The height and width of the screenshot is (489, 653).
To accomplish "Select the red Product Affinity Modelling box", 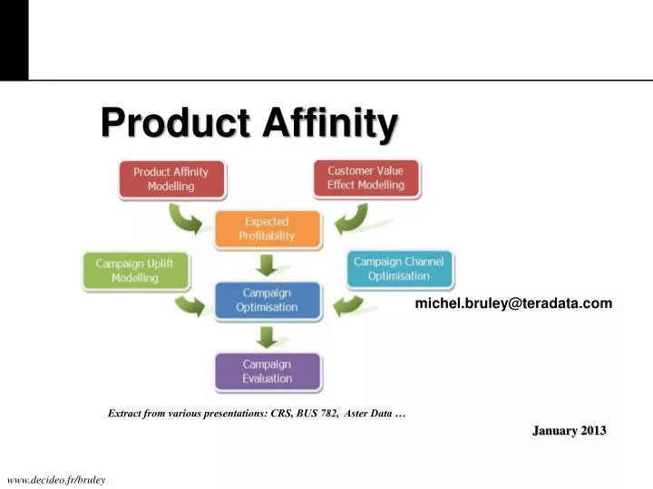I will click(x=171, y=179).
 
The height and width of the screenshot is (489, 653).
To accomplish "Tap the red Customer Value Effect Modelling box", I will click(x=365, y=178).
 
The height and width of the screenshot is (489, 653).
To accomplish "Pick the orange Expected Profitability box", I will click(x=267, y=229).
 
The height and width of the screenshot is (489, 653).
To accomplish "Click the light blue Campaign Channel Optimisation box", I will click(x=398, y=269).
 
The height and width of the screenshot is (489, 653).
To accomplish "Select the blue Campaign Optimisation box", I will click(x=267, y=301).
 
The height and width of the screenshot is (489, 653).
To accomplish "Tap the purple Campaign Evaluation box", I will click(x=267, y=371).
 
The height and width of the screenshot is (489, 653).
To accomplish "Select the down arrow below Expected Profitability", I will click(x=267, y=265).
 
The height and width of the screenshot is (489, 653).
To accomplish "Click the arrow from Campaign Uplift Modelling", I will click(x=191, y=303).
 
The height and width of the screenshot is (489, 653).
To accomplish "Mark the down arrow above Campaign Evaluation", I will click(x=267, y=337).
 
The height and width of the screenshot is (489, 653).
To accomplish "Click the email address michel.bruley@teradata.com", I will click(x=513, y=303).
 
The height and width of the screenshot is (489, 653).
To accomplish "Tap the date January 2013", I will click(x=569, y=430).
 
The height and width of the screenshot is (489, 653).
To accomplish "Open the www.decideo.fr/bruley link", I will click(x=56, y=479).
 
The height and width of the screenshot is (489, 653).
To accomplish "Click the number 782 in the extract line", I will click(x=333, y=413).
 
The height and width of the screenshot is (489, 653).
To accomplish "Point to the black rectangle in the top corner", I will click(x=14, y=40).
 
